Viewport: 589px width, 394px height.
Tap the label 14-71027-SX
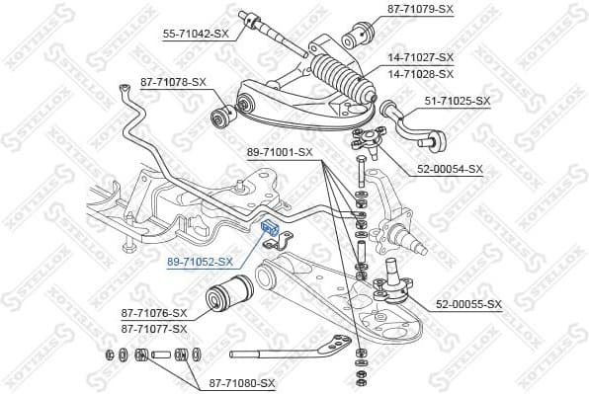(420, 58)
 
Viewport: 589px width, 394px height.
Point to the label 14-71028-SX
(420, 73)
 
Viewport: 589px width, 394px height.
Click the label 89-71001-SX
(280, 152)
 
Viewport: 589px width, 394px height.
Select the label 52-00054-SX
(450, 169)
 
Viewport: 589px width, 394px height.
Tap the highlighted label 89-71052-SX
(200, 262)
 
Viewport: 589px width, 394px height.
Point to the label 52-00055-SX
(469, 303)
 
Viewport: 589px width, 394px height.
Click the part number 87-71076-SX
(153, 313)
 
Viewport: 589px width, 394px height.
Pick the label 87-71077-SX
(153, 328)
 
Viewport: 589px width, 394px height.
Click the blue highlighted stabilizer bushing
(266, 227)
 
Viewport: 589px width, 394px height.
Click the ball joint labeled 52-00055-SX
(390, 288)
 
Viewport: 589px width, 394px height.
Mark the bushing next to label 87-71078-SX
(222, 118)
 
